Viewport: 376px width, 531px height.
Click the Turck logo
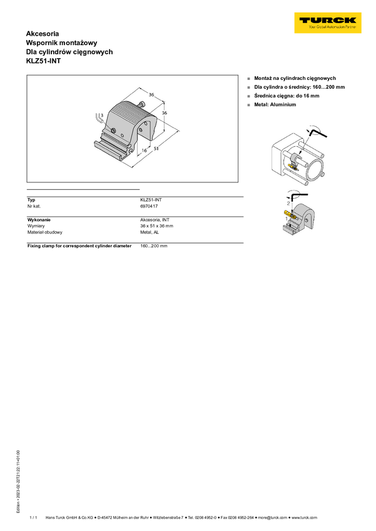click(328, 22)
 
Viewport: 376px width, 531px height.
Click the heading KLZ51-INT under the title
click(43, 61)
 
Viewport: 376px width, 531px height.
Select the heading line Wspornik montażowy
click(62, 42)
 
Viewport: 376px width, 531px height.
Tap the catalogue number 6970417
click(149, 206)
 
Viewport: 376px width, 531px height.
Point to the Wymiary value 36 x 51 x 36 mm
click(156, 226)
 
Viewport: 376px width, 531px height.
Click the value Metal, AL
click(150, 232)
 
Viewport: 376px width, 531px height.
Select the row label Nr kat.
click(34, 206)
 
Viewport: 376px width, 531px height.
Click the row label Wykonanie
click(39, 220)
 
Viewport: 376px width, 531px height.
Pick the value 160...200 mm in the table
click(154, 246)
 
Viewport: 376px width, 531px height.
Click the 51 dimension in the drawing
click(156, 148)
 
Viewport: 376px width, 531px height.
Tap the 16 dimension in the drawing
click(144, 151)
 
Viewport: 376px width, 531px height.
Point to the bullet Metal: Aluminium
click(275, 105)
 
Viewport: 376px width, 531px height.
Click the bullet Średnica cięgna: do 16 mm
click(287, 96)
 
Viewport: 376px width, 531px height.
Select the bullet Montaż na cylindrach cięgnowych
click(295, 78)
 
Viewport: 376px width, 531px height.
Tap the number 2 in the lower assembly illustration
click(288, 203)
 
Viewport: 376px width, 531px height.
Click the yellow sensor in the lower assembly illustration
click(289, 214)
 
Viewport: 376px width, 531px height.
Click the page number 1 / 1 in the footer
click(33, 517)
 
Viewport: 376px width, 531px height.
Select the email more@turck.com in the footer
click(273, 517)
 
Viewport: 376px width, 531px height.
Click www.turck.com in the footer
click(305, 517)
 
